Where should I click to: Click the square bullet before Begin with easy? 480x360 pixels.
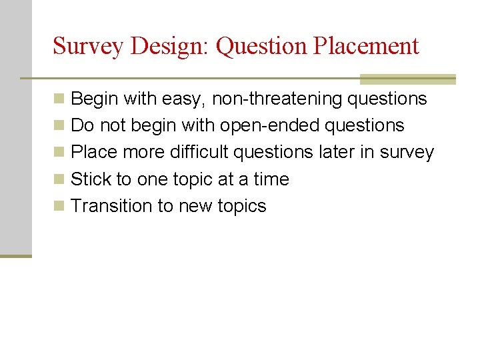click(59, 99)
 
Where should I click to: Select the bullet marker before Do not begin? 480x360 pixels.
click(59, 126)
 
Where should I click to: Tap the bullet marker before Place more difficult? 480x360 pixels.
click(59, 153)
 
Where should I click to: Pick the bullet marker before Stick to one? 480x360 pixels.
click(59, 179)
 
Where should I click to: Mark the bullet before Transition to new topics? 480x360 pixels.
click(59, 206)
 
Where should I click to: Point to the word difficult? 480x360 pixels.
click(199, 152)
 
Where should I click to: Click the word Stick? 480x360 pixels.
click(91, 179)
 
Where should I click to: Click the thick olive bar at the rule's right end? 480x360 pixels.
click(407, 79)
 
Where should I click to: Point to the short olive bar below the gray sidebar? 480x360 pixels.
click(15, 255)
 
